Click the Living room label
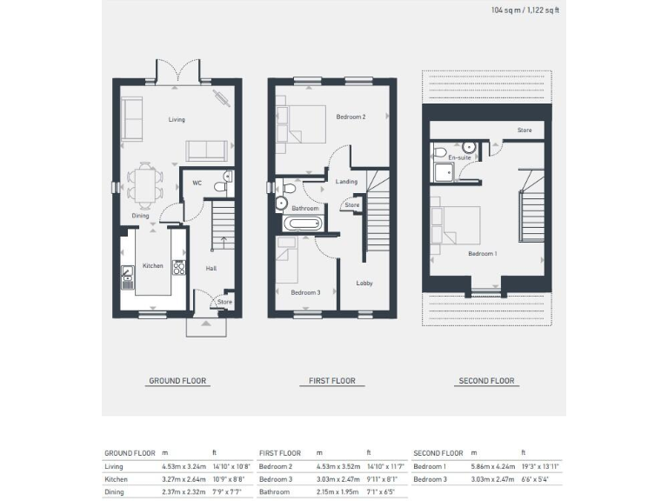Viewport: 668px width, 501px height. click(x=176, y=120)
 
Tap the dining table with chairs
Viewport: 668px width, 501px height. click(x=145, y=183)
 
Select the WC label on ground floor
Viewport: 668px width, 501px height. click(x=197, y=184)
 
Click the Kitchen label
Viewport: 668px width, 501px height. click(x=152, y=266)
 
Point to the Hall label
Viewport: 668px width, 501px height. click(x=210, y=268)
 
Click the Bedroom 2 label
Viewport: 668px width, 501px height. click(x=351, y=117)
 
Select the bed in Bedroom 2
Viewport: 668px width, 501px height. click(x=297, y=124)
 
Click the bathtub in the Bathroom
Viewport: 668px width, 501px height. click(x=302, y=224)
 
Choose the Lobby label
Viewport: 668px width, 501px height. click(x=364, y=283)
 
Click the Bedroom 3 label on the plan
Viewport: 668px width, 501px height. click(x=305, y=293)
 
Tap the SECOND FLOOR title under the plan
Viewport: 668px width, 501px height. click(x=486, y=381)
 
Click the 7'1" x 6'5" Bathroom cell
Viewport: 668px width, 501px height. click(x=380, y=493)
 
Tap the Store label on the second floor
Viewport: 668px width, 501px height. click(x=524, y=130)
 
